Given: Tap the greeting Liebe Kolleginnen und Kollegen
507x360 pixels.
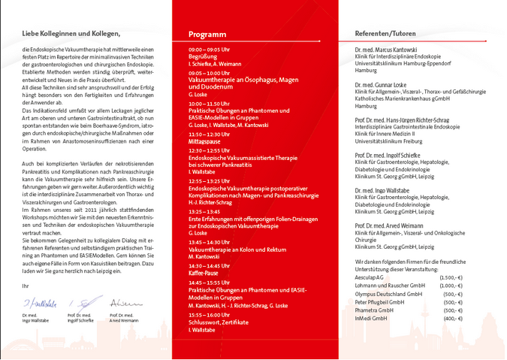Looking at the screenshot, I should point(71,34).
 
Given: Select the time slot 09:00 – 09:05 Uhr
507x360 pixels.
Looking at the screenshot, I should point(210,49).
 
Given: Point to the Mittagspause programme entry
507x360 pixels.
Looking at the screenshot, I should point(204,141).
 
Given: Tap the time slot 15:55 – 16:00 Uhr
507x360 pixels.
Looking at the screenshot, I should point(210,315).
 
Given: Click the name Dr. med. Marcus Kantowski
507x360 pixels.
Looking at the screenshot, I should point(391,49).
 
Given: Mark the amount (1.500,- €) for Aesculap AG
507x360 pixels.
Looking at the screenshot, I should point(450,277).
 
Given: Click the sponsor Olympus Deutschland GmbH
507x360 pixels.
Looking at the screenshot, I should point(391,294).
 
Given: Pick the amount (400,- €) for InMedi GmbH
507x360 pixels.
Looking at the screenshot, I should point(452,318).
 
